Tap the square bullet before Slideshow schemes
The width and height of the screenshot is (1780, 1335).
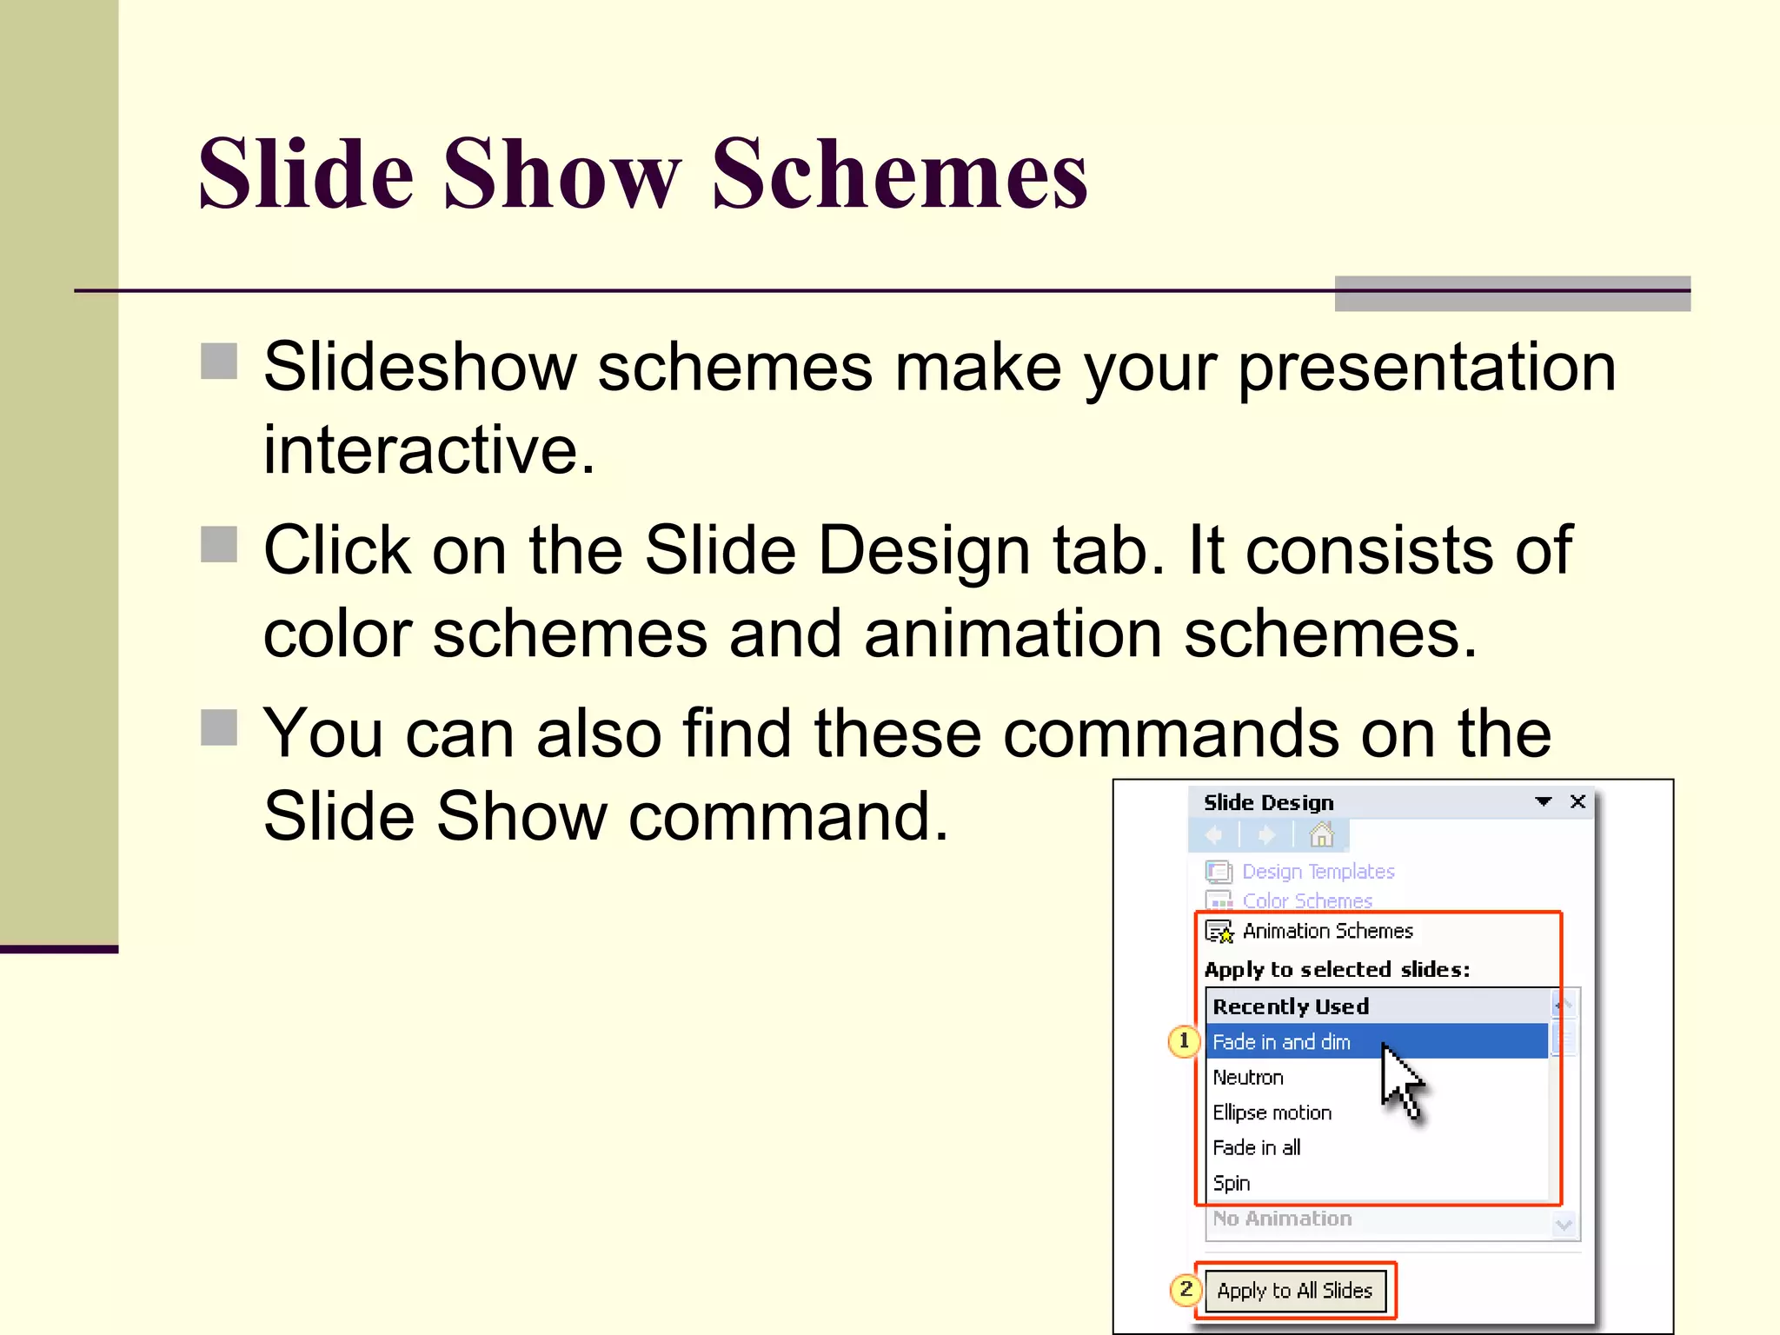point(219,361)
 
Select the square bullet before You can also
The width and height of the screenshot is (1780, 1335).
point(219,727)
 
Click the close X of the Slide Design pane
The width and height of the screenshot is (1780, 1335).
point(1577,801)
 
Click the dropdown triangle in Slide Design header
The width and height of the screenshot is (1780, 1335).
point(1544,801)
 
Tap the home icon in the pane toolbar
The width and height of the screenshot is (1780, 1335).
point(1321,835)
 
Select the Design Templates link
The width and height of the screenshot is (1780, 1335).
point(1318,871)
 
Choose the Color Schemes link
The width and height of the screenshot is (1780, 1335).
point(1307,900)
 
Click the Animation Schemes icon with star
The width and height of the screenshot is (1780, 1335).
point(1219,932)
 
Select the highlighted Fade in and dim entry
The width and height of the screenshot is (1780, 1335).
point(1281,1041)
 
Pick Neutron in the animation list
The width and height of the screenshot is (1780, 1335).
point(1248,1077)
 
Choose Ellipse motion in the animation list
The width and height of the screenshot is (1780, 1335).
point(1272,1112)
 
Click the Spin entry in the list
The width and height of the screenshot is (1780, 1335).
point(1232,1183)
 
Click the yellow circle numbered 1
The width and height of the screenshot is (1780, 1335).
point(1184,1040)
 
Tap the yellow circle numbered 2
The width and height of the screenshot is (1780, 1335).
point(1186,1290)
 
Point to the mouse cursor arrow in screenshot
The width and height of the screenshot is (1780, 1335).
point(1399,1081)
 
